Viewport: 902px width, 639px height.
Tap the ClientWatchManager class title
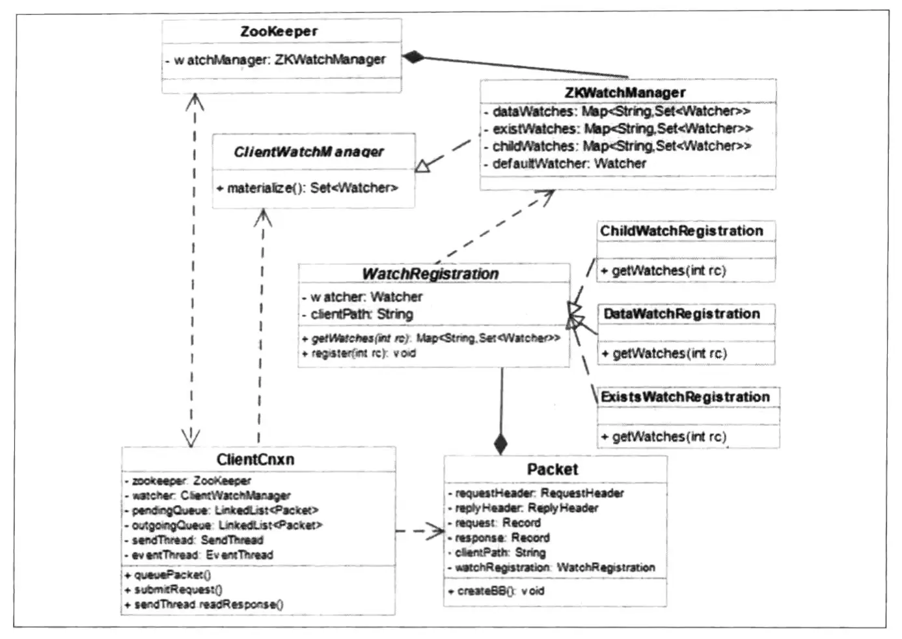click(308, 152)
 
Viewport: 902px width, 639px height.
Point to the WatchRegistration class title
click(430, 274)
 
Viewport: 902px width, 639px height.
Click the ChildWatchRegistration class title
click(681, 231)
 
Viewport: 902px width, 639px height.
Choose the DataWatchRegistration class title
click(681, 314)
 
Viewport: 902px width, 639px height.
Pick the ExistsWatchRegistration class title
click(685, 397)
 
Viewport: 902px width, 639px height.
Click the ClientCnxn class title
click(255, 459)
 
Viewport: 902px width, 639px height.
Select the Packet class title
click(553, 469)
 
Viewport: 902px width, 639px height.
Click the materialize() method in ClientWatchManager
click(307, 188)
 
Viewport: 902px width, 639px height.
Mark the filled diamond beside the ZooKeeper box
click(413, 57)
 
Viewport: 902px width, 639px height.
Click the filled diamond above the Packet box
click(500, 444)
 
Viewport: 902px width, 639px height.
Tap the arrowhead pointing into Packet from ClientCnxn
click(436, 532)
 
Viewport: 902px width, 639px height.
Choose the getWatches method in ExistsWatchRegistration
click(663, 437)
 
